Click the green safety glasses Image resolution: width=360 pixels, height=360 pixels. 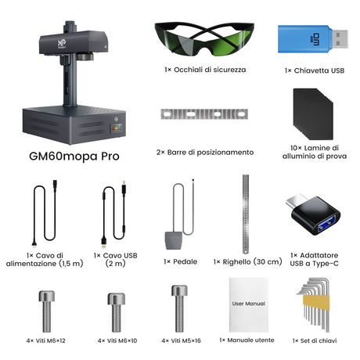click(204, 39)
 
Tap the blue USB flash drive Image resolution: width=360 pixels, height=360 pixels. click(313, 39)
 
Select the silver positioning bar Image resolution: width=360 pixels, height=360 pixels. click(204, 114)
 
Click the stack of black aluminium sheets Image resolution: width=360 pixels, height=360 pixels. click(313, 114)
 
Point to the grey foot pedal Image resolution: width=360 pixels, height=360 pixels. click(173, 240)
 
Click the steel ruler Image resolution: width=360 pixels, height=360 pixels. click(246, 214)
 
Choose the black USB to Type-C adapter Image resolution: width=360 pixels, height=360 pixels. click(314, 214)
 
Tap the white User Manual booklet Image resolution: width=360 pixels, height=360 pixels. click(249, 304)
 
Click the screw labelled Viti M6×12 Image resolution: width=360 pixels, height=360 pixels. click(47, 311)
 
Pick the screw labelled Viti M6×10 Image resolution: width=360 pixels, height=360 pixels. click(117, 312)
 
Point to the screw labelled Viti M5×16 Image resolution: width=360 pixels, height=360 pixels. click(179, 308)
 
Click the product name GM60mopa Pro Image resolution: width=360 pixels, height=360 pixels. click(74, 157)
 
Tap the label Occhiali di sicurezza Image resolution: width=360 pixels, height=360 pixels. click(210, 70)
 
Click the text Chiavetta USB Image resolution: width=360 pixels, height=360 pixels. click(319, 70)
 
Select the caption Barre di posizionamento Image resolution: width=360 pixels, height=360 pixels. click(211, 153)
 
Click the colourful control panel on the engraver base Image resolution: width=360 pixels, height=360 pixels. click(117, 128)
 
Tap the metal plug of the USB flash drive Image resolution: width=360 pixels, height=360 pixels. click(340, 39)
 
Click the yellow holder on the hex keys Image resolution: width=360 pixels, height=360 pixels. click(316, 303)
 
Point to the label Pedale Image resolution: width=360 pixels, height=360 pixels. click(185, 261)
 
